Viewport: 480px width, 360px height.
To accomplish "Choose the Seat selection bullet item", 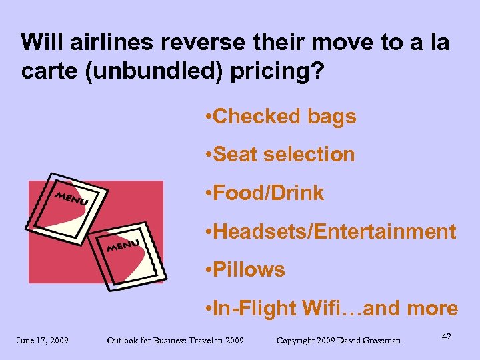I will click(x=281, y=155).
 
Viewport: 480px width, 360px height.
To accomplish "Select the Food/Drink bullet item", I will click(x=265, y=193).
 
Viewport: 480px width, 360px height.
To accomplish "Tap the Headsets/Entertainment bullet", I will click(x=331, y=232).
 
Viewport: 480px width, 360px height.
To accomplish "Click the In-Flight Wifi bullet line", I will click(x=331, y=309).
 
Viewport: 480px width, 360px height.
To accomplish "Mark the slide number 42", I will click(x=446, y=337).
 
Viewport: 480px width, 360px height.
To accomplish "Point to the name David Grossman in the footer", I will click(x=369, y=341).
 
